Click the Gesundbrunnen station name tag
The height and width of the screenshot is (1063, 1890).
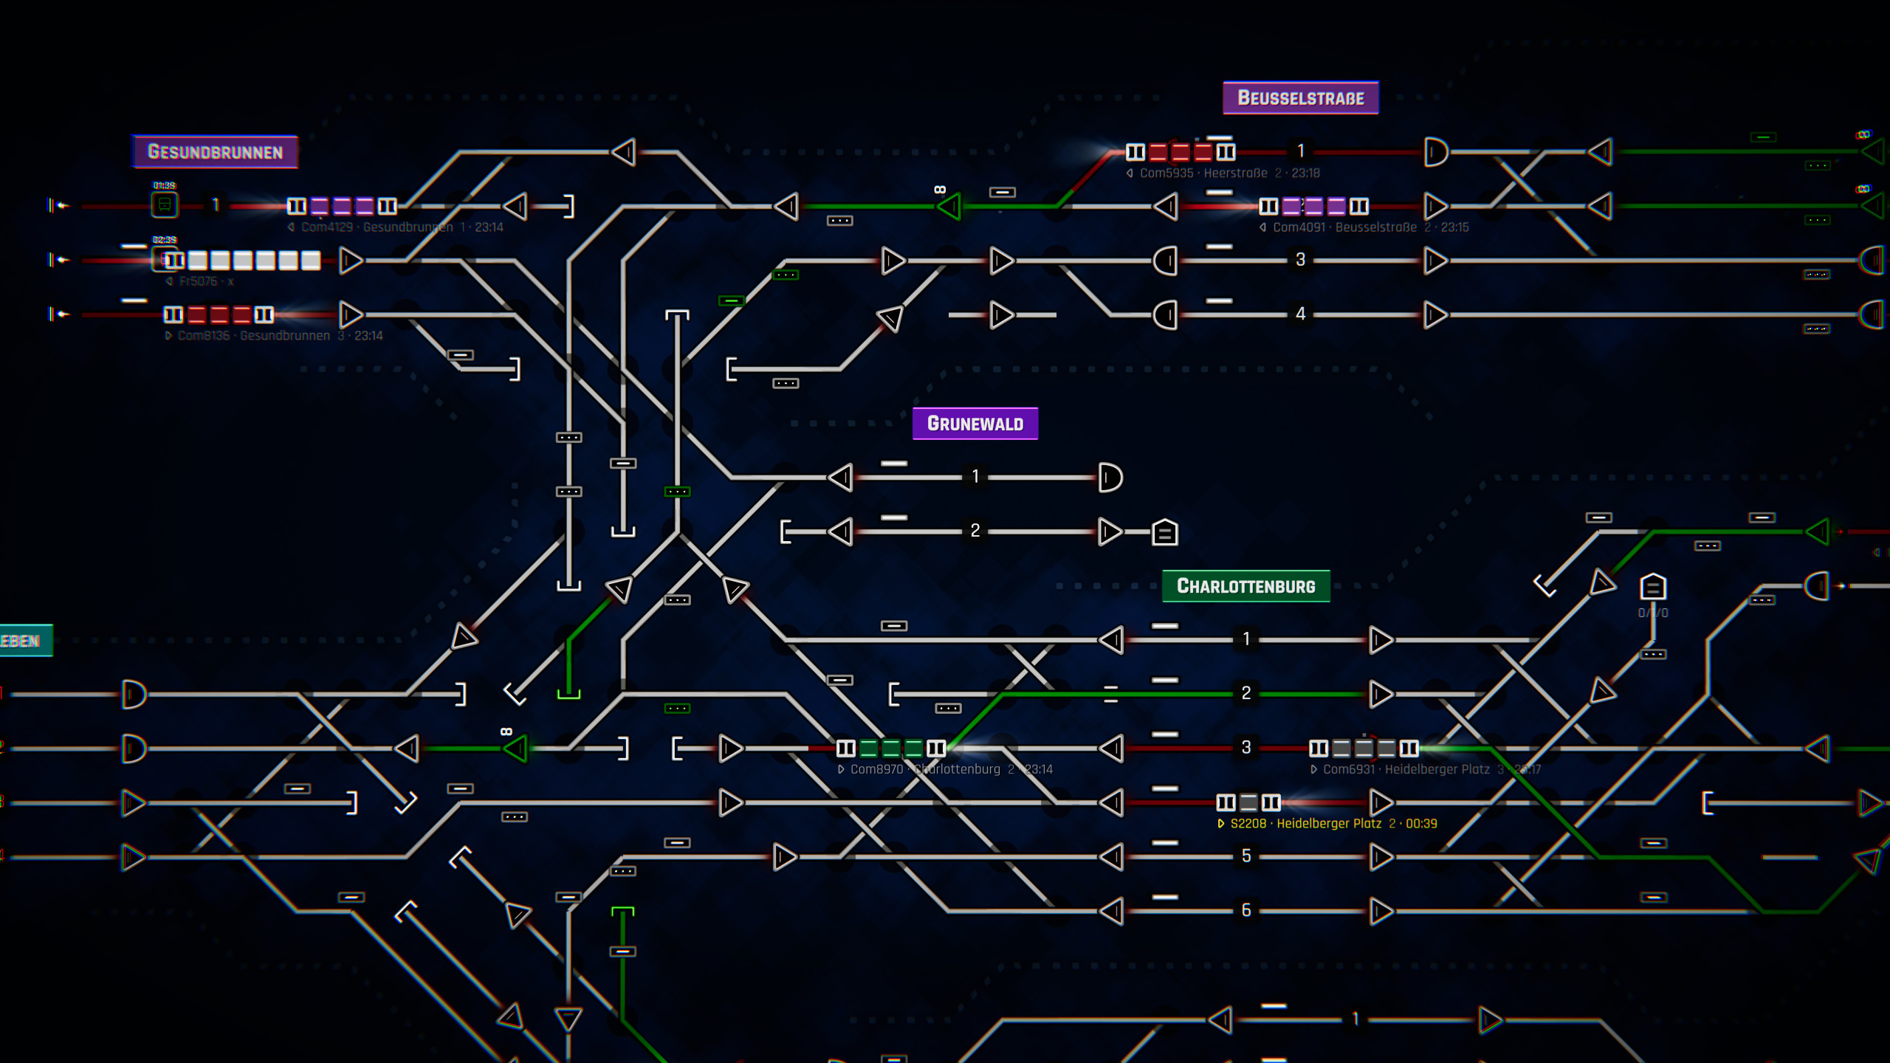click(x=215, y=152)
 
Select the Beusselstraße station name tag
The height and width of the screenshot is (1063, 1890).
click(x=1300, y=98)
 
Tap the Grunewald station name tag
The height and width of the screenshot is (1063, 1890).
click(x=975, y=424)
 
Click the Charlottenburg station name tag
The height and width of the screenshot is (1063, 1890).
click(x=1245, y=586)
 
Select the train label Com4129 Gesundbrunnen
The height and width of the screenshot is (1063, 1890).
click(x=395, y=227)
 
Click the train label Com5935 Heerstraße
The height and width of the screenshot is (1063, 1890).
click(x=1223, y=173)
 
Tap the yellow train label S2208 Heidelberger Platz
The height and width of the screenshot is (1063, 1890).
click(x=1327, y=824)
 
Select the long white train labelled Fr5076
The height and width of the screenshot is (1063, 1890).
click(x=242, y=261)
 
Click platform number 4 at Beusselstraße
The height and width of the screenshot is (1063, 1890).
click(x=1300, y=314)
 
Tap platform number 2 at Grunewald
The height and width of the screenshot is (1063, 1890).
click(x=975, y=531)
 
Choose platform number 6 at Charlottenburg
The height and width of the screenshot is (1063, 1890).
click(x=1245, y=910)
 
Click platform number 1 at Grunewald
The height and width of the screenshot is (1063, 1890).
click(x=975, y=477)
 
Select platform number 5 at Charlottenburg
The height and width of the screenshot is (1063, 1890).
click(x=1245, y=856)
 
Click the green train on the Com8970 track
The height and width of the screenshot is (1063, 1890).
click(x=890, y=749)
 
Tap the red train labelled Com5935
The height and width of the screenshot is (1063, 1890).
click(x=1180, y=153)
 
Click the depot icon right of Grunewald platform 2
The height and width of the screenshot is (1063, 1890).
click(x=1164, y=532)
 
